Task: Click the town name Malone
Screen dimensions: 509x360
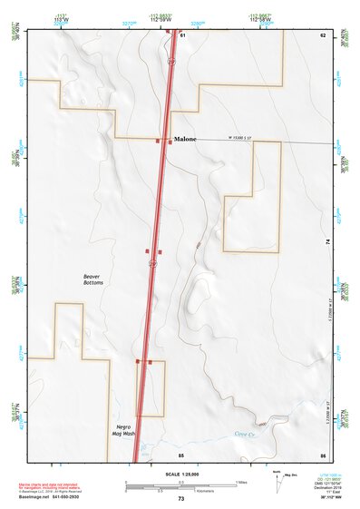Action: tap(186, 141)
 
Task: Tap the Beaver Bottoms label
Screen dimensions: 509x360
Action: tap(92, 279)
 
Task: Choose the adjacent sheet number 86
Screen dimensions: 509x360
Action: tap(322, 453)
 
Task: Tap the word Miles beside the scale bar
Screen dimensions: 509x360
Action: tap(242, 482)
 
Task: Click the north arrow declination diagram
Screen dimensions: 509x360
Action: tap(277, 482)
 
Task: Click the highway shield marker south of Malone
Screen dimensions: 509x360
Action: tap(153, 262)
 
